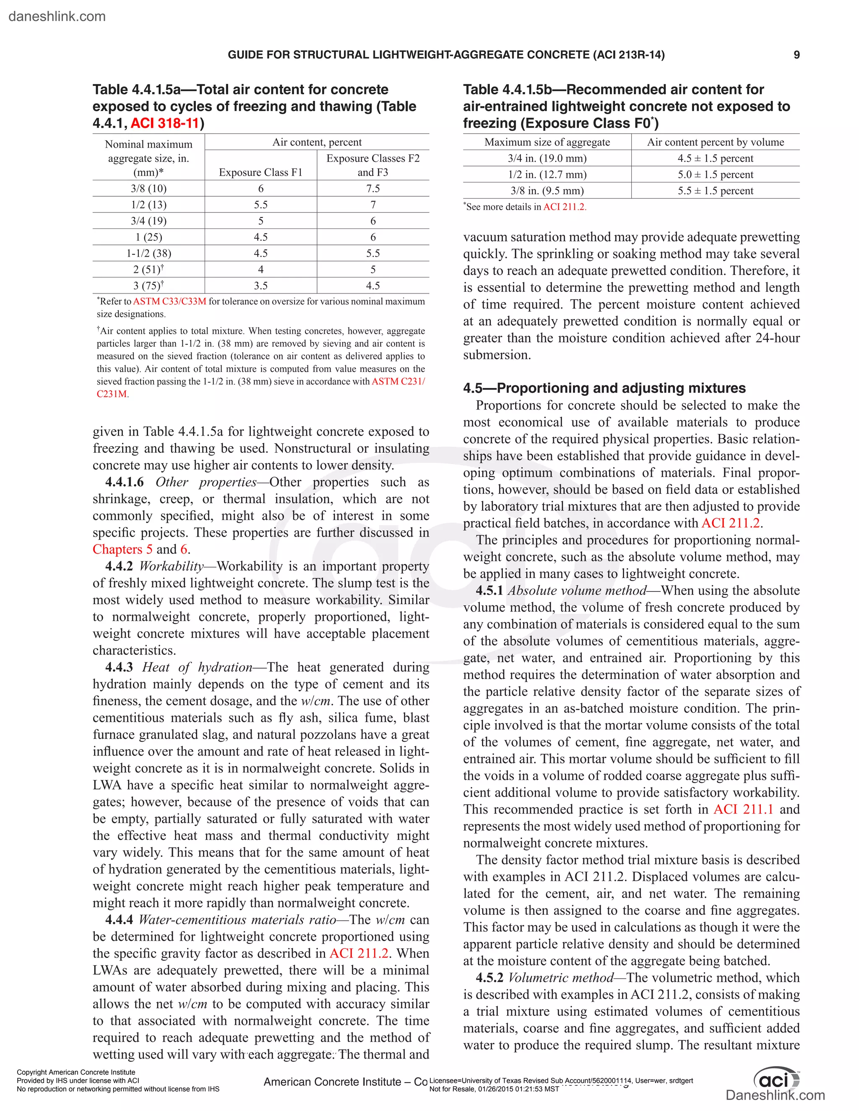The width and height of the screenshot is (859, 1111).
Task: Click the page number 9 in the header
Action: pos(797,55)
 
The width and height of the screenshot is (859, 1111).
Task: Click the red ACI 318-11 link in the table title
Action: pos(165,124)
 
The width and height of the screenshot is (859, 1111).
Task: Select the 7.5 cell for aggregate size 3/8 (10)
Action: pos(372,189)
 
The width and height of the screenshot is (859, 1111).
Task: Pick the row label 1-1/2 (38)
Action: pos(148,253)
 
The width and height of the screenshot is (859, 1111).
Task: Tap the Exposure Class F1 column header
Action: pos(260,172)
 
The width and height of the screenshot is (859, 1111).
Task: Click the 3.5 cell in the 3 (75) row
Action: pos(260,286)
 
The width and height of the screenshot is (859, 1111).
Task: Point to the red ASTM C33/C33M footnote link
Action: pos(169,302)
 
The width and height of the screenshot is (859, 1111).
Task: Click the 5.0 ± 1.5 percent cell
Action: pos(715,174)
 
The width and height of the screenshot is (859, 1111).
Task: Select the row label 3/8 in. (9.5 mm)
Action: pos(547,191)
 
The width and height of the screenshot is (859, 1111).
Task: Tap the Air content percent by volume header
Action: pos(715,143)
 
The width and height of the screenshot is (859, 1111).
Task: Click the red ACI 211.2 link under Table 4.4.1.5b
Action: pos(565,207)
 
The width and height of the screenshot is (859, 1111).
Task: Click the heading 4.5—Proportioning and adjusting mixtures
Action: pos(604,388)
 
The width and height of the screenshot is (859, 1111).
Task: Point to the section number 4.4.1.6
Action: pos(124,482)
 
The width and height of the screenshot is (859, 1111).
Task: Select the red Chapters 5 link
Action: pos(122,549)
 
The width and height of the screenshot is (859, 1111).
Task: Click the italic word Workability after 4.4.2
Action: pos(172,566)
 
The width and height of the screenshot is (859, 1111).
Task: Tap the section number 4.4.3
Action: pos(119,667)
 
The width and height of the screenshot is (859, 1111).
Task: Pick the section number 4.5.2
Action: pos(489,978)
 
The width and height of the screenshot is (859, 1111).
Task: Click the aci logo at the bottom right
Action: pos(776,1078)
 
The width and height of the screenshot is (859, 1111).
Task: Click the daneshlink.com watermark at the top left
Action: pos(57,16)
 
